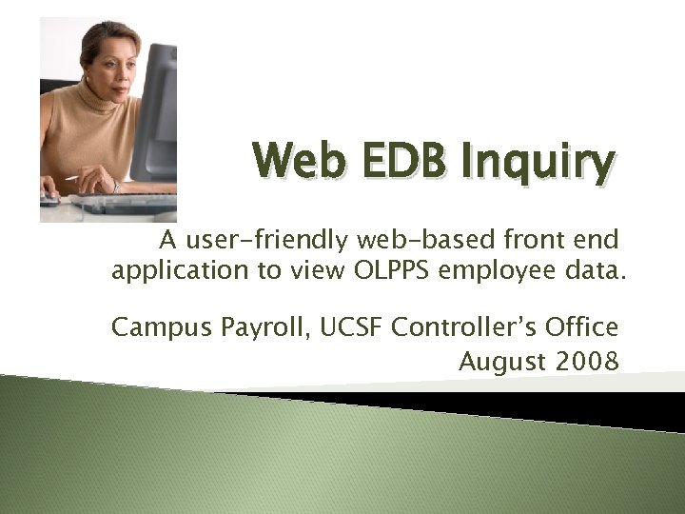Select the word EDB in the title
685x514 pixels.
pos(393,163)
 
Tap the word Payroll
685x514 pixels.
pos(243,328)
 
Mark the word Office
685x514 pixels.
pos(582,327)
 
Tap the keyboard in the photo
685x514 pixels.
pos(133,203)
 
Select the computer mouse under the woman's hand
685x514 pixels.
pos(49,200)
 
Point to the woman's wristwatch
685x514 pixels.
pos(115,186)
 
